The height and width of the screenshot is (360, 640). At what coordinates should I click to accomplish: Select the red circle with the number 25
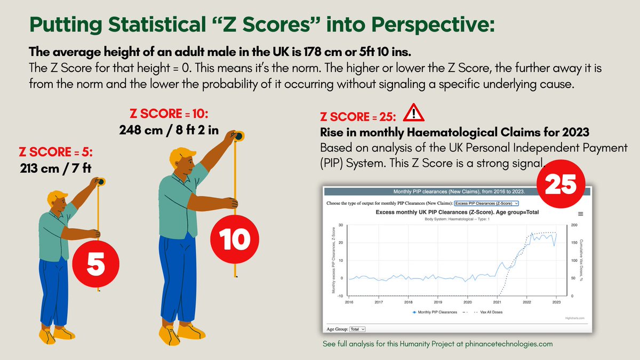pyautogui.click(x=561, y=183)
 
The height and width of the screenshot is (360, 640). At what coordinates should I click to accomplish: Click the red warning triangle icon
pyautogui.click(x=411, y=113)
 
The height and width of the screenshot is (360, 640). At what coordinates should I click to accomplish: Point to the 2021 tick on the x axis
pyautogui.click(x=497, y=302)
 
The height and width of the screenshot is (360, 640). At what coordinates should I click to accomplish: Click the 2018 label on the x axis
pyautogui.click(x=408, y=302)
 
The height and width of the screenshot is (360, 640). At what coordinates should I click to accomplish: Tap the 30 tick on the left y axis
pyautogui.click(x=341, y=226)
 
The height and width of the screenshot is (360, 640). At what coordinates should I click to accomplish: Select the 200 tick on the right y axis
pyautogui.click(x=574, y=226)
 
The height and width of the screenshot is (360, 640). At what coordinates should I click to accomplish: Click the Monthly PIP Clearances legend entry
pyautogui.click(x=435, y=312)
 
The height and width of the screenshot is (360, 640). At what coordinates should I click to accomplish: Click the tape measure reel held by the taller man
pyautogui.click(x=238, y=137)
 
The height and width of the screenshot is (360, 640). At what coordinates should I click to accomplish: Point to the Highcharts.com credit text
pyautogui.click(x=574, y=318)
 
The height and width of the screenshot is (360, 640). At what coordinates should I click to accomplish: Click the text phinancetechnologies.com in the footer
pyautogui.click(x=510, y=344)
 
